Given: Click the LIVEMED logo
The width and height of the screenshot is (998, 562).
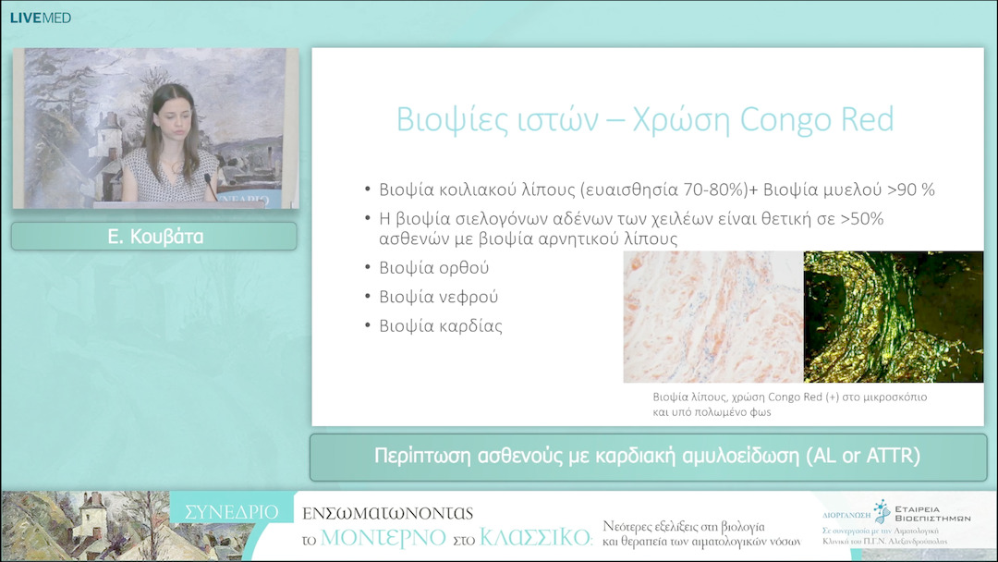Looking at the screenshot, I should (40, 18).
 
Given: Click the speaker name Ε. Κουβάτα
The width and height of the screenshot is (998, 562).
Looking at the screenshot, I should (154, 237).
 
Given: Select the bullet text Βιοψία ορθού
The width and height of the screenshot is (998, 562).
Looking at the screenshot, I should (433, 268).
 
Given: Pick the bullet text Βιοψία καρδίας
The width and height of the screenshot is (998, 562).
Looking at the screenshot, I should (441, 326).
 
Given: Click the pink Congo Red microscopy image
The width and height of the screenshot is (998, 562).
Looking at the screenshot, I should (712, 316).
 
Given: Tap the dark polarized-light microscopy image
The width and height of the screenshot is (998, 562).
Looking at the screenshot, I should (893, 316).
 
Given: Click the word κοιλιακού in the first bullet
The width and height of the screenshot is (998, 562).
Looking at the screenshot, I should (479, 189).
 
